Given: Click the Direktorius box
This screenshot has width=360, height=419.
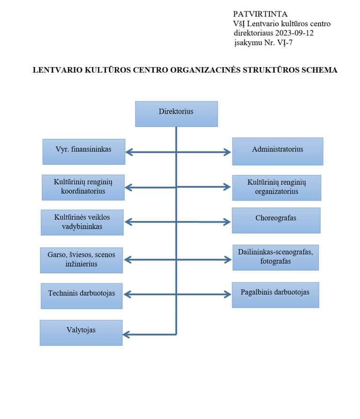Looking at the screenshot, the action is click(176, 114).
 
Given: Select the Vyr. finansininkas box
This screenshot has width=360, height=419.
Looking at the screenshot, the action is click(84, 152).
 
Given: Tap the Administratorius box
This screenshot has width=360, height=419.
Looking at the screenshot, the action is click(277, 151).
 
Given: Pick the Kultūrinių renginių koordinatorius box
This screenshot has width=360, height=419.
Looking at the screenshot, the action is click(83, 187).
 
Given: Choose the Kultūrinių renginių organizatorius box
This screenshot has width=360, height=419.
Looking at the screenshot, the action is click(277, 188).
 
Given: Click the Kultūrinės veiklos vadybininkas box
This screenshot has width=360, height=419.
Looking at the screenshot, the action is click(82, 222).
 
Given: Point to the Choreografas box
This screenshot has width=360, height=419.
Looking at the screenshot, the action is click(276, 221).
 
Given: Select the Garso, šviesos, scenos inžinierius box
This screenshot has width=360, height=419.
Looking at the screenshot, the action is click(82, 260).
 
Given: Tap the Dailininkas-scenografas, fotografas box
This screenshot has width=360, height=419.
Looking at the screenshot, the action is click(276, 257).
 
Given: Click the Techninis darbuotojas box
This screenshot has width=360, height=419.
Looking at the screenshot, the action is click(82, 296).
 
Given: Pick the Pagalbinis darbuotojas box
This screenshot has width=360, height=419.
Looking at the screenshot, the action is click(276, 295).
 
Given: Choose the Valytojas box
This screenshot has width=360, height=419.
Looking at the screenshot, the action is click(81, 333).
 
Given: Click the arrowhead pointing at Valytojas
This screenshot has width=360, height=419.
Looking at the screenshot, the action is click(126, 334).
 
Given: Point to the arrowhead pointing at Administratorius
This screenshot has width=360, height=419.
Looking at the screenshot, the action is click(227, 152).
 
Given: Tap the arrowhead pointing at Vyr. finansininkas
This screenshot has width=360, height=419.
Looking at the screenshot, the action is click(129, 152).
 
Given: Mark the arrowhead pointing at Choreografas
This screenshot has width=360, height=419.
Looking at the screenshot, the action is click(227, 222).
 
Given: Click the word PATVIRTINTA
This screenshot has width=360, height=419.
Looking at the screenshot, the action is click(260, 14).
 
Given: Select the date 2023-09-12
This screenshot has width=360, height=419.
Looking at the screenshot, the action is click(294, 33).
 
